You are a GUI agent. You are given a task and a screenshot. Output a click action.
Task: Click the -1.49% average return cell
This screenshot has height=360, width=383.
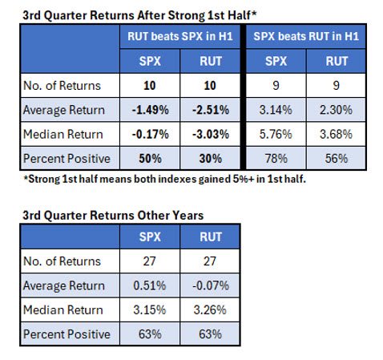click(150, 110)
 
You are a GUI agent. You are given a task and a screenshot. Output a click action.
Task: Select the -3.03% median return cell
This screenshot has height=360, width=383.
click(211, 134)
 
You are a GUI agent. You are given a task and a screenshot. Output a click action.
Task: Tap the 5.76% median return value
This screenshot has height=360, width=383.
click(276, 134)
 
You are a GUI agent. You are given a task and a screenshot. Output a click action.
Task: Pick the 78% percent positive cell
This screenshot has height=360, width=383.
click(276, 159)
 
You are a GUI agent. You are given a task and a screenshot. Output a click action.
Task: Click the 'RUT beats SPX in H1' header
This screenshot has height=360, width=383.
click(180, 36)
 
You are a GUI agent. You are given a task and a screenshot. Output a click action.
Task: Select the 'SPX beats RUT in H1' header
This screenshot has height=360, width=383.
click(306, 36)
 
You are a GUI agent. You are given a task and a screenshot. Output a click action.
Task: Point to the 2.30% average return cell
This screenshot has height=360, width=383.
click(336, 110)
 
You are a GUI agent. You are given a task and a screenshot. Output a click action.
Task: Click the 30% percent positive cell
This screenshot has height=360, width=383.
click(211, 159)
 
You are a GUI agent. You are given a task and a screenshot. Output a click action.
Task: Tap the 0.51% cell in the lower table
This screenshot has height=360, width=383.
click(150, 285)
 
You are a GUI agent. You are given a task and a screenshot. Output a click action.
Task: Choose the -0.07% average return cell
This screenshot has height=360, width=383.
click(211, 285)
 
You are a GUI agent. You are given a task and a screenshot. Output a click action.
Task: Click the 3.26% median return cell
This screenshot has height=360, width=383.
click(210, 309)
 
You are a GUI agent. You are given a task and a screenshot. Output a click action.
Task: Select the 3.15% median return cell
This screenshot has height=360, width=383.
click(150, 309)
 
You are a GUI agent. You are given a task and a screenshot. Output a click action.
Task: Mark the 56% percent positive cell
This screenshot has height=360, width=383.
click(337, 159)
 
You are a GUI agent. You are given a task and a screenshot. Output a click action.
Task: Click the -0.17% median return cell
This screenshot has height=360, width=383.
click(150, 134)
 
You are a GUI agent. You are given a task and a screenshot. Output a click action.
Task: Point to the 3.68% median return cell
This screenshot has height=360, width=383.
click(336, 134)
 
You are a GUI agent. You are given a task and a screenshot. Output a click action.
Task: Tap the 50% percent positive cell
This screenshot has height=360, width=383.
click(150, 159)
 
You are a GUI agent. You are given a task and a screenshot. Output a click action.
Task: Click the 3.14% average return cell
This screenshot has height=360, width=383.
click(276, 110)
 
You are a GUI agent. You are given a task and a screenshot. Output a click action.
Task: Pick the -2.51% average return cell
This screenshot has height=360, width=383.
click(211, 110)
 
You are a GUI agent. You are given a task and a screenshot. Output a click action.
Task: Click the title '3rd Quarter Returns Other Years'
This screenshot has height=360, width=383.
click(113, 216)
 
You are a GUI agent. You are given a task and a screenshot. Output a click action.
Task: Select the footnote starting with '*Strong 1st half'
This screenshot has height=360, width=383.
click(165, 179)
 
